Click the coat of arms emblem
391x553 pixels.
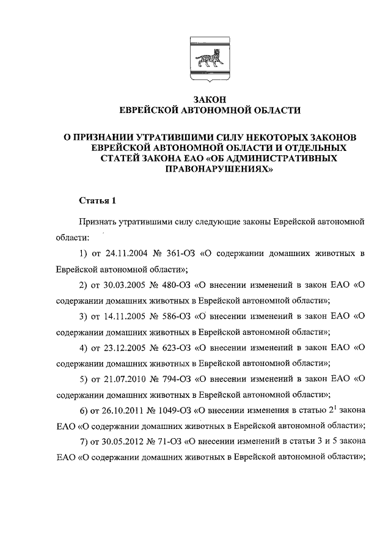point(210,60)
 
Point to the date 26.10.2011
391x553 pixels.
point(123,410)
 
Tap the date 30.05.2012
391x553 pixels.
point(123,442)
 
